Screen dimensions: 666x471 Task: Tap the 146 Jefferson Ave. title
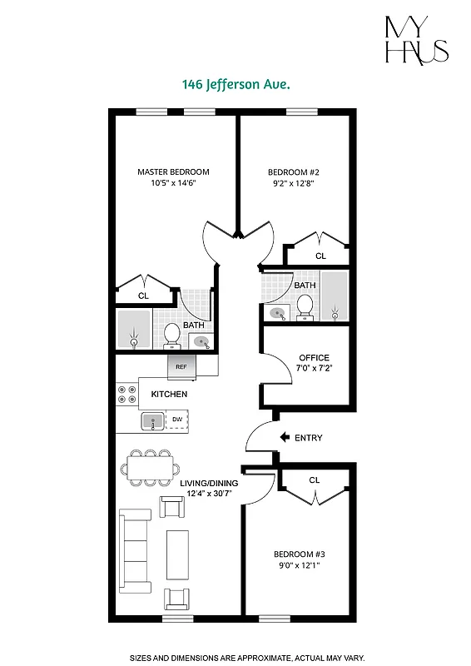(x=235, y=84)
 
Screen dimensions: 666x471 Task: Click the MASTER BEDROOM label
(x=173, y=172)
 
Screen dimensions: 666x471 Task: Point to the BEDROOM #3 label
(x=297, y=554)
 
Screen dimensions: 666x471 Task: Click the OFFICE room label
(x=314, y=358)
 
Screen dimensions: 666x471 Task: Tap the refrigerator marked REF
(x=181, y=365)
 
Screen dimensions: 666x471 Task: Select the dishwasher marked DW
(x=176, y=420)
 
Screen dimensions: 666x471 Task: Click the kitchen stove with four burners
(x=126, y=395)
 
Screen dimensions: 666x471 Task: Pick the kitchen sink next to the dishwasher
(x=153, y=421)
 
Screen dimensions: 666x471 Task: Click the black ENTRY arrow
(x=284, y=437)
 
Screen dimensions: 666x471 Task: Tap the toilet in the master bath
(x=172, y=335)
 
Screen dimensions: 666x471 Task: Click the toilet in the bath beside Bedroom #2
(x=305, y=306)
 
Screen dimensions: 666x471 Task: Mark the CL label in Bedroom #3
(x=314, y=480)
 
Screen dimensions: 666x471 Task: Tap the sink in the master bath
(x=201, y=340)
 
